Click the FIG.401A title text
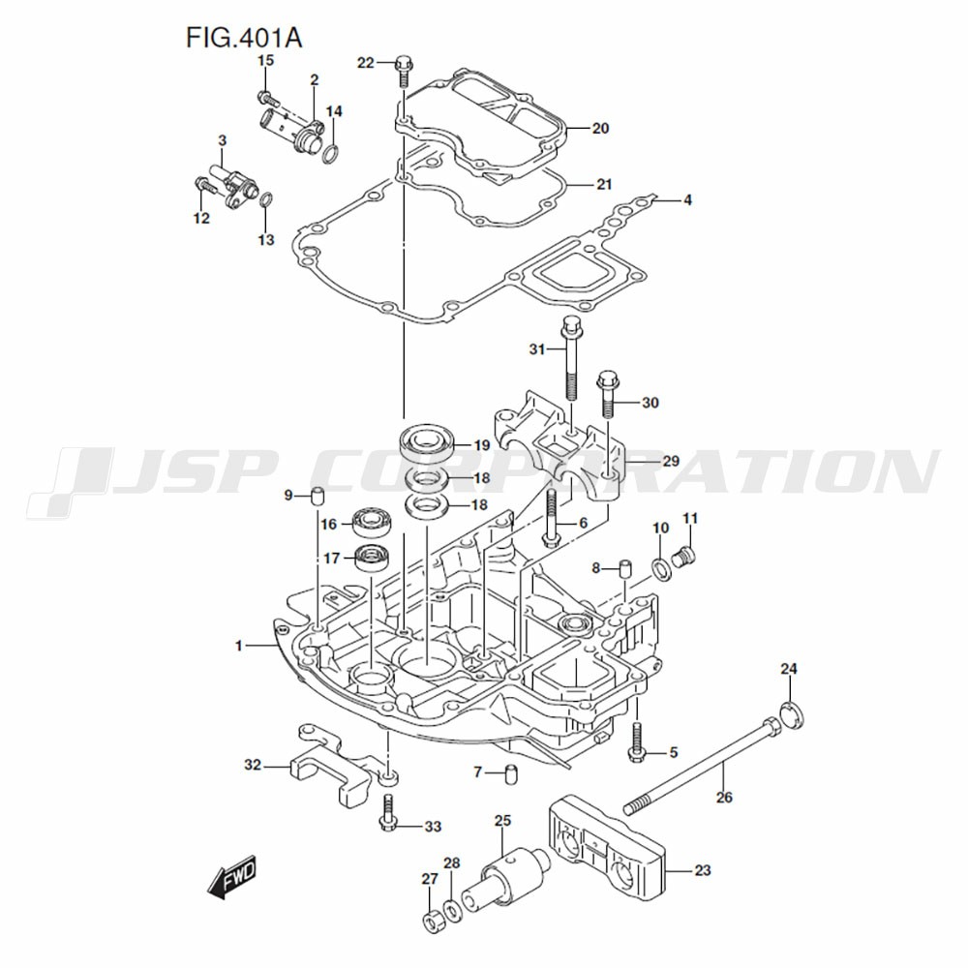[x=244, y=39]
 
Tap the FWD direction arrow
[x=232, y=877]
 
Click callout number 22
[x=366, y=63]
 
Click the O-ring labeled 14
[x=331, y=152]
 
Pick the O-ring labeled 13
[x=266, y=202]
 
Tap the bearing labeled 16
[x=373, y=523]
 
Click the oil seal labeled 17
[x=374, y=560]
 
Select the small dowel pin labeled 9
[x=317, y=496]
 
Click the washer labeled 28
[x=452, y=911]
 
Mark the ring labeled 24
[x=792, y=715]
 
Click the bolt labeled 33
[x=387, y=812]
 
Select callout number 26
[x=724, y=797]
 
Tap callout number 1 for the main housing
[x=238, y=646]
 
